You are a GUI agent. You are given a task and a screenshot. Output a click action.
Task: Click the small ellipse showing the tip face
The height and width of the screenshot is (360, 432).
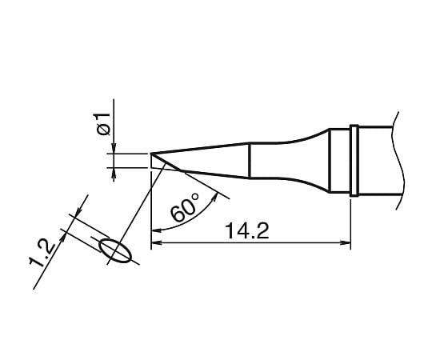(x=116, y=251)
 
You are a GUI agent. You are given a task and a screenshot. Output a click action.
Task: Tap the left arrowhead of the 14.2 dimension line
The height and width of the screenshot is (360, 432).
(x=156, y=241)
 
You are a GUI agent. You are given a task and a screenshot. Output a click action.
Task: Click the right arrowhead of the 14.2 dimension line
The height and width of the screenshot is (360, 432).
(x=346, y=241)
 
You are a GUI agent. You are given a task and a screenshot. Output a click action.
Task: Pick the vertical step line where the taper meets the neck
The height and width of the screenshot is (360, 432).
(x=250, y=160)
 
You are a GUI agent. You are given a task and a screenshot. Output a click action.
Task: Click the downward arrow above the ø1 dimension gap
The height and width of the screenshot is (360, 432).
(x=115, y=147)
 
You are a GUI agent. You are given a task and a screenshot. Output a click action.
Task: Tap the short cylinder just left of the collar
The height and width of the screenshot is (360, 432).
(x=340, y=160)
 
